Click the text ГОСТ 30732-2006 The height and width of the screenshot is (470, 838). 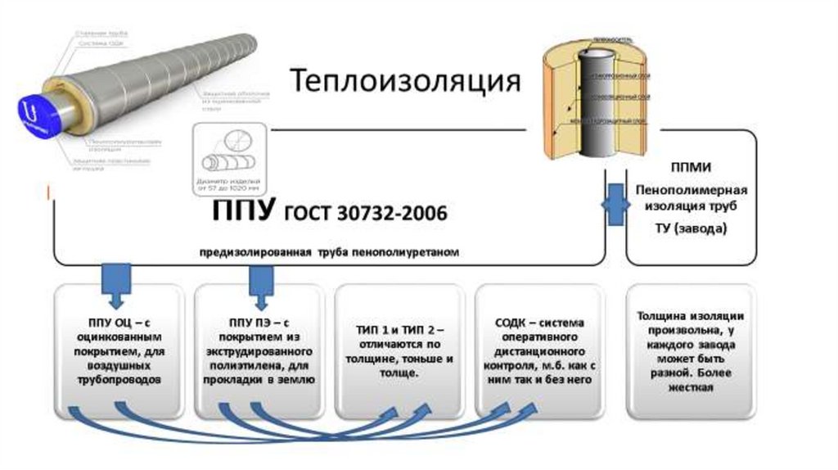[x=366, y=214]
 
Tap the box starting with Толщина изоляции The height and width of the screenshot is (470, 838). [x=690, y=350]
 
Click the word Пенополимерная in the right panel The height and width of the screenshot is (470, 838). [x=691, y=189]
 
